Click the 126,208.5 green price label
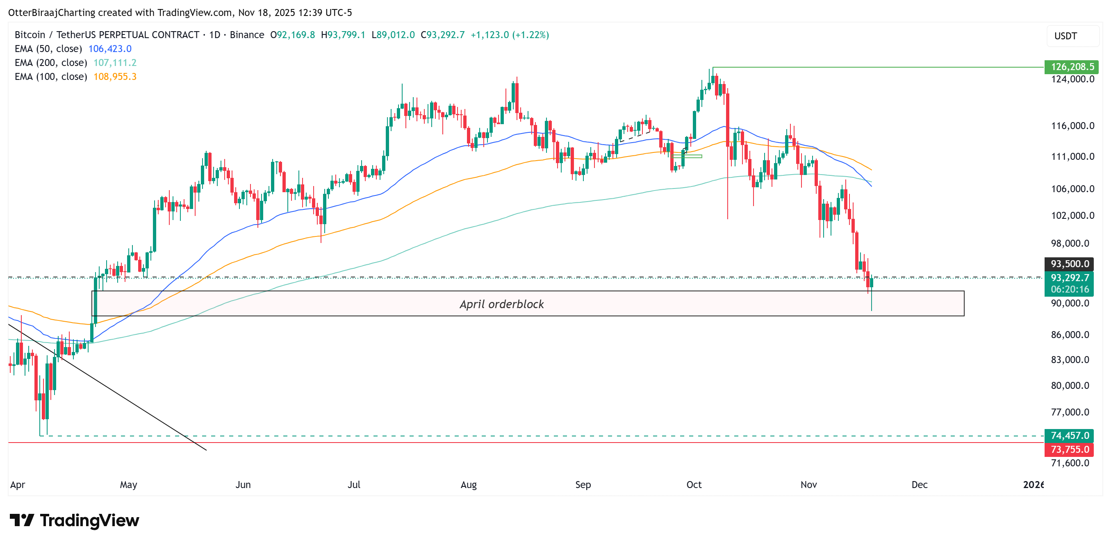point(1071,67)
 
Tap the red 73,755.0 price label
point(1070,449)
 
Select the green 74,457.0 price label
point(1070,436)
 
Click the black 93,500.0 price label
point(1070,263)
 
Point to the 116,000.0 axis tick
point(1072,126)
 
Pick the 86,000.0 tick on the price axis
point(1070,335)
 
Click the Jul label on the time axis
point(354,485)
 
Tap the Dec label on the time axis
point(919,485)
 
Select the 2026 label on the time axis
point(1033,485)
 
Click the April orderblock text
point(501,304)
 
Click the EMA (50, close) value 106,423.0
point(109,49)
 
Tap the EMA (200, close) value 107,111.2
point(115,63)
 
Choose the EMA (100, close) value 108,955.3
point(115,77)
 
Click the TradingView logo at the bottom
point(74,520)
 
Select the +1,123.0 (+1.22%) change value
point(509,35)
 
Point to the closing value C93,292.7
point(442,35)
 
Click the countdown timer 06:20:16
point(1070,289)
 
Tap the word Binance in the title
point(247,35)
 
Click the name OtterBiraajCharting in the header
point(51,13)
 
